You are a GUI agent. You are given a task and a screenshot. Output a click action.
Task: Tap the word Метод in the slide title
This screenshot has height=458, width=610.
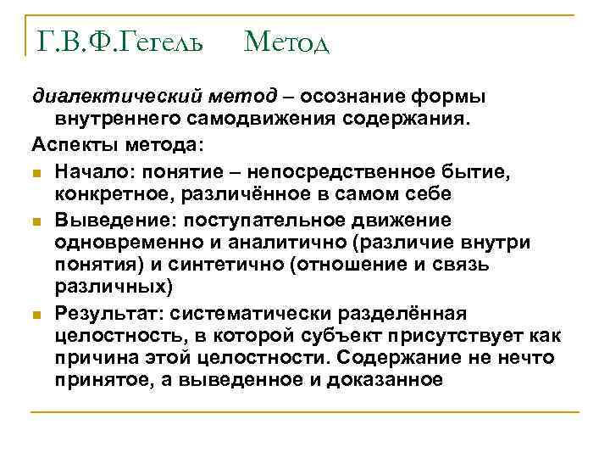point(286,40)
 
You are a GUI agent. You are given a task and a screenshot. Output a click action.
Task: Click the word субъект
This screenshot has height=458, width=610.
point(363,336)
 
